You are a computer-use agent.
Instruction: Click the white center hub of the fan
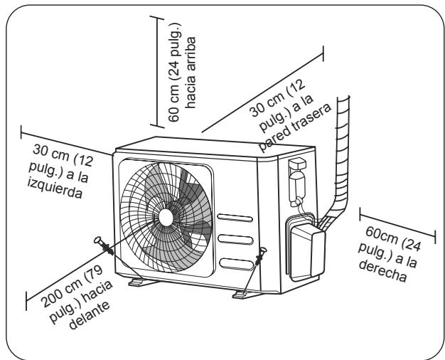pos(166,218)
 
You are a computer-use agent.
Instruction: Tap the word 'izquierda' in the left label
pos(55,189)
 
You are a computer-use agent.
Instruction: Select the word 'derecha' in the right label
pos(383,271)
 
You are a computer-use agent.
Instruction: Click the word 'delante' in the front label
pos(90,315)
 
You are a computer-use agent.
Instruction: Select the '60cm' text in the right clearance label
pos(382,235)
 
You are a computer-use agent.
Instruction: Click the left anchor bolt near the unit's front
pos(104,245)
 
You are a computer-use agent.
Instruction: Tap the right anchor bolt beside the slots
pos(260,255)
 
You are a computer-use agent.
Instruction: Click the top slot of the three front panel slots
pos(235,218)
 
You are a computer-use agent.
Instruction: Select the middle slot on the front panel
pos(235,239)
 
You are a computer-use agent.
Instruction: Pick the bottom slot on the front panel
pos(237,264)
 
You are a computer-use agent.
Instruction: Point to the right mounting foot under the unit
pos(246,295)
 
